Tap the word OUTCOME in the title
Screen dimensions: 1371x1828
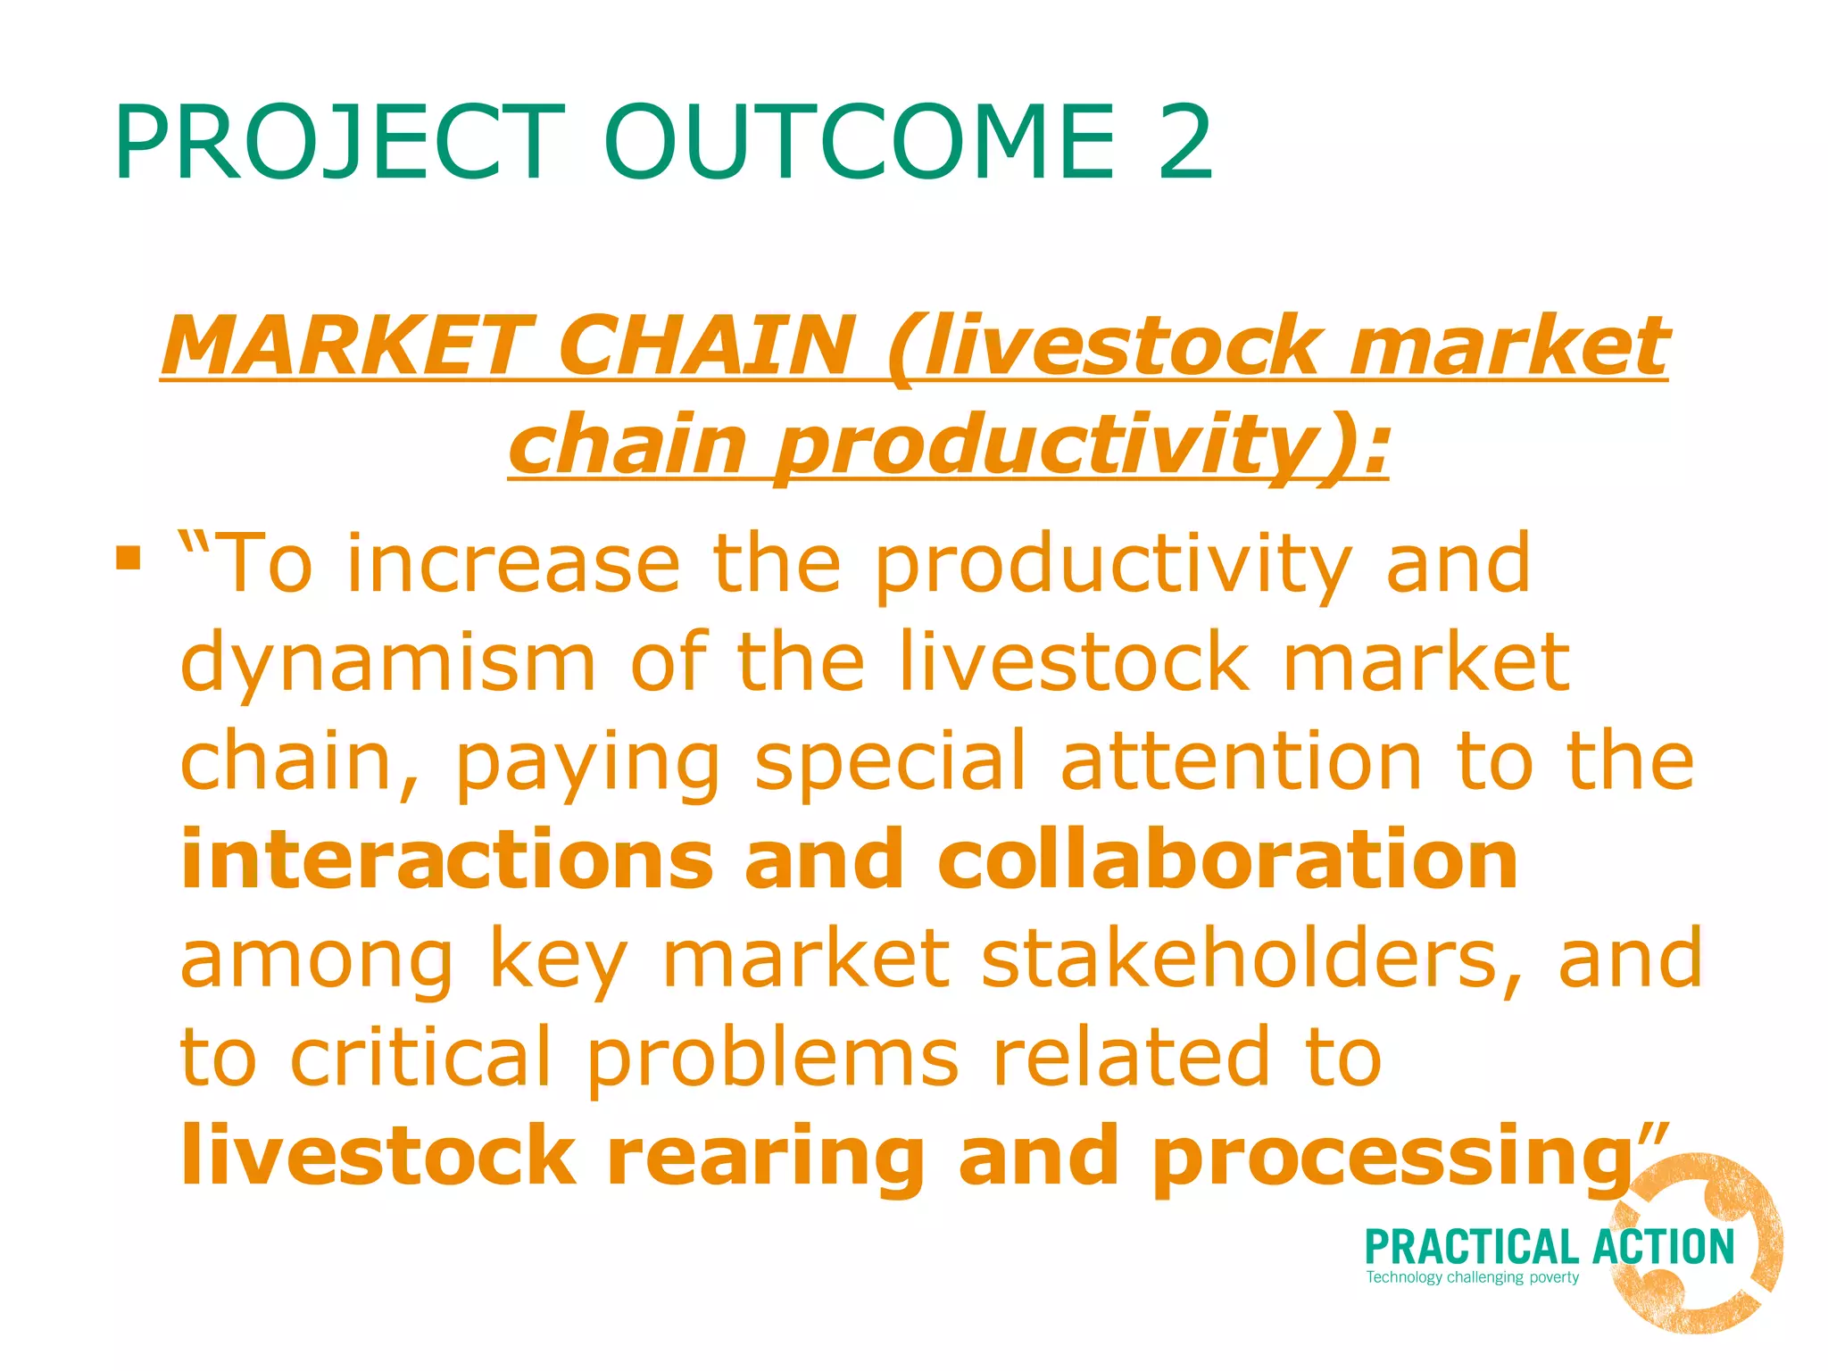point(859,143)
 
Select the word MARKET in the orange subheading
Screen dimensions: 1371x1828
point(348,346)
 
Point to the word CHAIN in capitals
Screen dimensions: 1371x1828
point(705,346)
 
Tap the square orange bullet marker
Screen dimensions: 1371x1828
point(129,559)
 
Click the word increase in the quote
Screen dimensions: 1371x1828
point(513,564)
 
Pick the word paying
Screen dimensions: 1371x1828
point(587,764)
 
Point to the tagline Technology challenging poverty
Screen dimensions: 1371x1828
point(1472,1277)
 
